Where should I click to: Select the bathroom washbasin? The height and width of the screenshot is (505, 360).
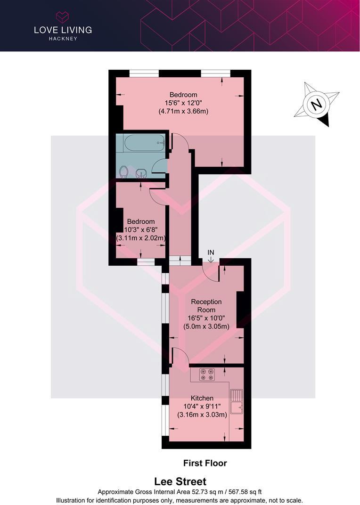[x=141, y=174]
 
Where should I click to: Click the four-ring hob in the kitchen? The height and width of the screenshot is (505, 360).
[x=207, y=375]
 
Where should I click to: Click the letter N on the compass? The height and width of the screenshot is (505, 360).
[x=317, y=104]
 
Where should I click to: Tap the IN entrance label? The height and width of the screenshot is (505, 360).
[x=211, y=252]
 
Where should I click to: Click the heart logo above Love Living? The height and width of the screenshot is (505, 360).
[x=63, y=17]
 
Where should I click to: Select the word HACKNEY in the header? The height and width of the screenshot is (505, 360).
[x=63, y=39]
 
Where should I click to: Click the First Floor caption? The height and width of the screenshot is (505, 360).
[x=205, y=463]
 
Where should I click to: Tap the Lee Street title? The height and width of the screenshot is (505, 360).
[x=180, y=482]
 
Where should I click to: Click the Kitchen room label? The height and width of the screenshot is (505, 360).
[x=202, y=398]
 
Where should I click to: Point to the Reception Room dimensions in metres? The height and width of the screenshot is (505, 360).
[x=206, y=326]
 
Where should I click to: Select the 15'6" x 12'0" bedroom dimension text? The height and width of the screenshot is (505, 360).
[x=183, y=103]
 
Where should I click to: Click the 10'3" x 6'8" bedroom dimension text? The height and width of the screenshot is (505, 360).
[x=141, y=230]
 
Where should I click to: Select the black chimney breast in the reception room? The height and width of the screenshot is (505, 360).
[x=240, y=310]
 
